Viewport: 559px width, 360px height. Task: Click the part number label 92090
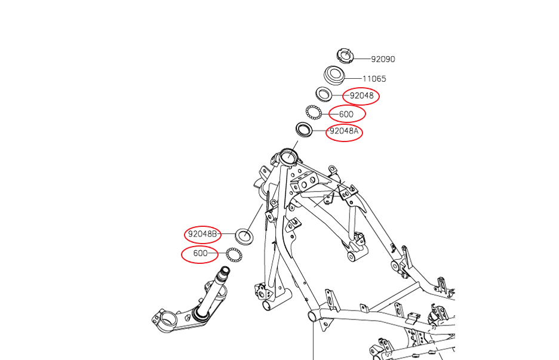tap(383, 59)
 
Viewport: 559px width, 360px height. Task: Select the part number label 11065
tap(374, 78)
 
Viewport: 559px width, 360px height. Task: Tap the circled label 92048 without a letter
tap(361, 95)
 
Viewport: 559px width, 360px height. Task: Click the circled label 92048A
tap(344, 131)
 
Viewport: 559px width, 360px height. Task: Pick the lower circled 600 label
tap(200, 253)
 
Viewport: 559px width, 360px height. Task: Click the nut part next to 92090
tap(345, 56)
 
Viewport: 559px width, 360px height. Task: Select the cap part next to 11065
tap(335, 75)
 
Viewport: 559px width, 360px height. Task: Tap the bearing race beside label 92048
tap(324, 94)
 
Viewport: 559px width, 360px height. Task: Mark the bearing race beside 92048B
tap(245, 235)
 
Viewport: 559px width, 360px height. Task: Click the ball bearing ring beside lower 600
tap(234, 254)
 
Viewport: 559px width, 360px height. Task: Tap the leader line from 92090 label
tap(362, 59)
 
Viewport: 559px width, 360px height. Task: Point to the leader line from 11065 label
tap(354, 78)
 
